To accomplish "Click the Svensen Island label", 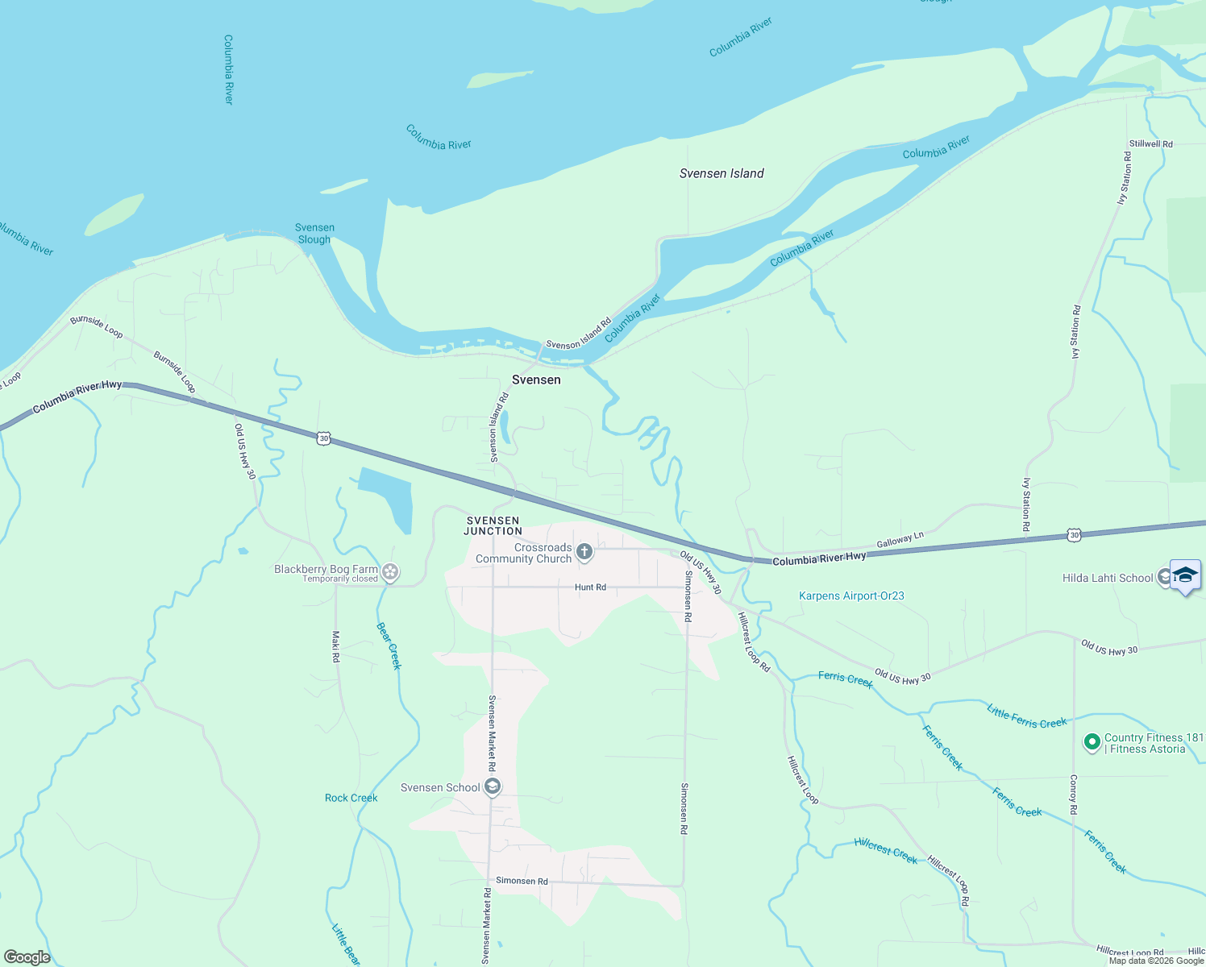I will [722, 173].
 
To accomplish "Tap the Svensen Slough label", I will [314, 234].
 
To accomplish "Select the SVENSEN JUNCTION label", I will [493, 526].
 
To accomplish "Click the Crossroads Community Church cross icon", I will [584, 552].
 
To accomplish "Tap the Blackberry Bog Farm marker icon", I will [391, 572].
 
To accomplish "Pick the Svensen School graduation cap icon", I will [493, 787].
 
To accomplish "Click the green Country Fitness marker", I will [1092, 742].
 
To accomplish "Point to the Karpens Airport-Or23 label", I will [851, 596].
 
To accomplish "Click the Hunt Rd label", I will [590, 587].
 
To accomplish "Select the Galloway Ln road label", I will [900, 540].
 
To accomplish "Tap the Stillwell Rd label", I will [1151, 144].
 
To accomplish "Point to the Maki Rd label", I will [336, 646].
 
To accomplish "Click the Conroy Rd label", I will [1074, 795].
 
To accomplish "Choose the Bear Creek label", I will [389, 645].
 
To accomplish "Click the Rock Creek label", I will [351, 798].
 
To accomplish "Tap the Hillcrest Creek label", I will [885, 851].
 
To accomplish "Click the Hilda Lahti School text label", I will [1108, 578].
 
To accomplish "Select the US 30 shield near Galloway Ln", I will [1073, 534].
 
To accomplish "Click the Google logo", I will [27, 957].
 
